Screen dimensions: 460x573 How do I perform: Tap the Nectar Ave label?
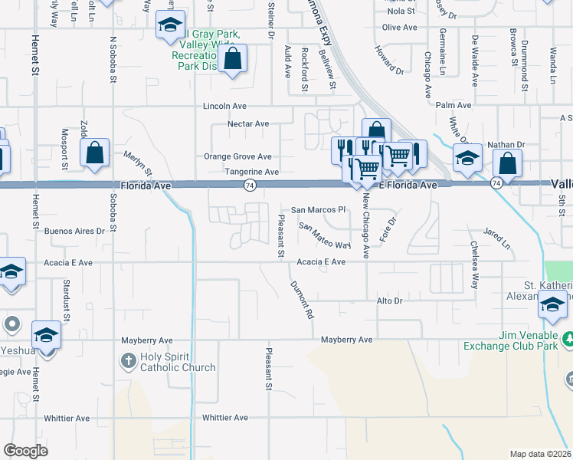click(248, 123)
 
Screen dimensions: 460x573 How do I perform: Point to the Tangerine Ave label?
click(251, 172)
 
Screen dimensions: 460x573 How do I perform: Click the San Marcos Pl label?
click(319, 210)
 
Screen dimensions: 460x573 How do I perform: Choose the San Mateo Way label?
click(324, 236)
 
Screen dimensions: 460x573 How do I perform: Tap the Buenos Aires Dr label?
click(74, 230)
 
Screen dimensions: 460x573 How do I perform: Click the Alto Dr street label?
click(389, 301)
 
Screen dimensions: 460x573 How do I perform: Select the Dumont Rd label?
click(302, 300)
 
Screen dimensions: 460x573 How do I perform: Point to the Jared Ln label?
click(496, 238)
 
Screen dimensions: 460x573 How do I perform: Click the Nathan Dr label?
click(509, 143)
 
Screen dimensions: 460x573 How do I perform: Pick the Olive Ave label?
click(399, 28)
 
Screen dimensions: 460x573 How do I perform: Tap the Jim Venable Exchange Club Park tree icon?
click(568, 338)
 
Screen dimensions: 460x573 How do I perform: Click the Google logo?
click(26, 451)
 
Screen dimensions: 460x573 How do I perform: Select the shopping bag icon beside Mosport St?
click(94, 153)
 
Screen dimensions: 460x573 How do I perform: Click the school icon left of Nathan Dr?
click(467, 158)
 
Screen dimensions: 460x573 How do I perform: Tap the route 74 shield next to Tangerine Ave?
click(250, 186)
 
